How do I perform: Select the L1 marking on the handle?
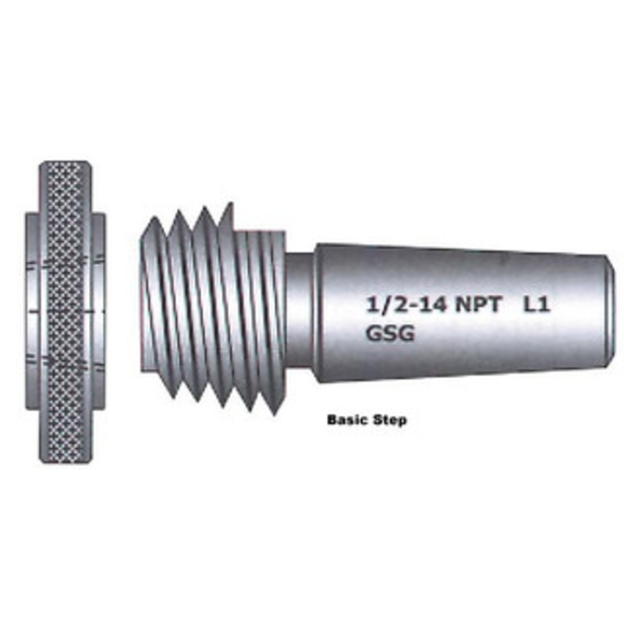(x=538, y=305)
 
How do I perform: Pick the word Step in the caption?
(x=391, y=420)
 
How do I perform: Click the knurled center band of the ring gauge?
(x=65, y=312)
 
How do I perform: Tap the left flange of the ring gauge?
(x=33, y=312)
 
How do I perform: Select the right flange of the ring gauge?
(x=98, y=312)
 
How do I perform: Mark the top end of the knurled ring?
(x=65, y=165)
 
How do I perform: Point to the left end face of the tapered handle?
(x=317, y=312)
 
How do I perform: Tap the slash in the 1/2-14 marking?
(x=379, y=305)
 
